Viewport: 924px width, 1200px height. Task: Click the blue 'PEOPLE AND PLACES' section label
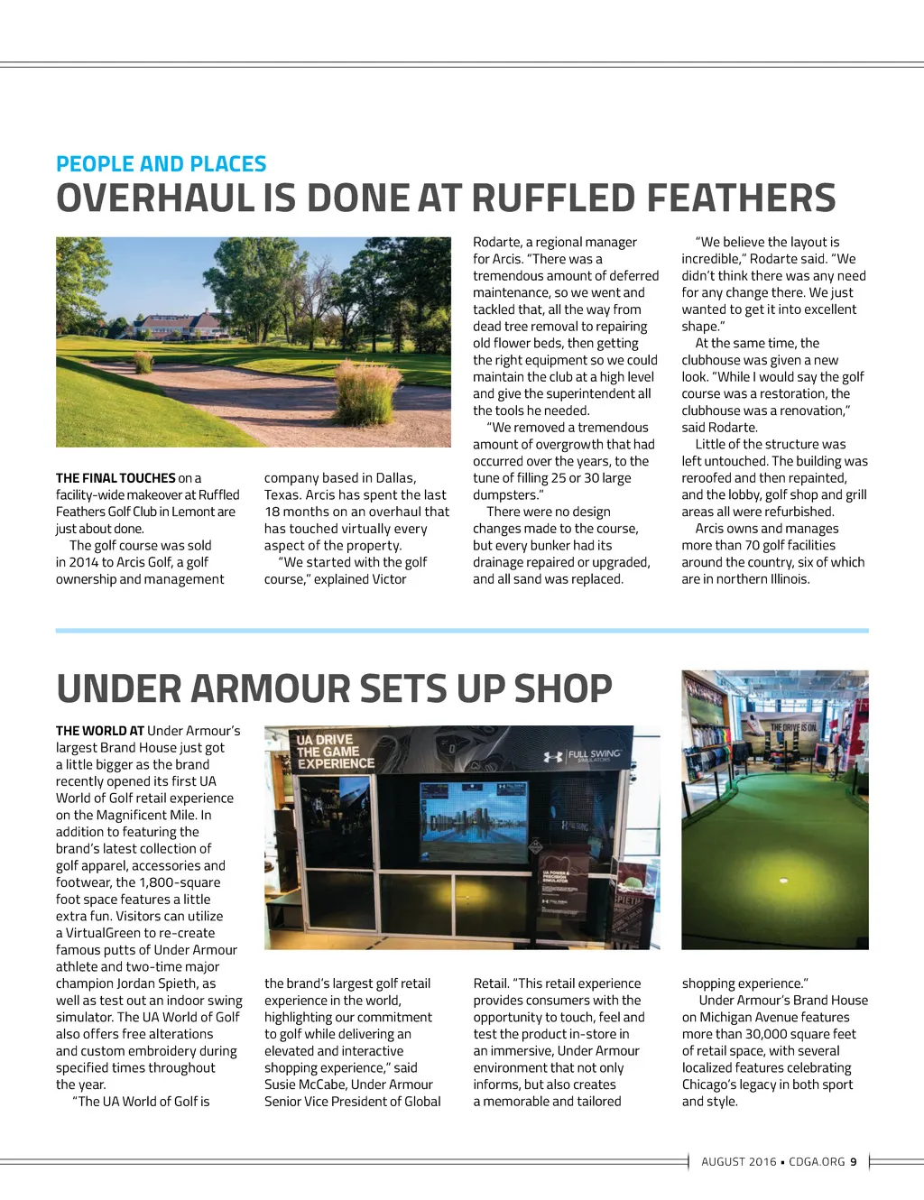click(x=161, y=164)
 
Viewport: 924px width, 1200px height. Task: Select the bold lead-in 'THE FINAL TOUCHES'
click(x=115, y=478)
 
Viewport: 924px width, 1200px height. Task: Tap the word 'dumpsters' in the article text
click(x=506, y=494)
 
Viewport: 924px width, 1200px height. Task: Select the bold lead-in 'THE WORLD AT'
click(x=99, y=731)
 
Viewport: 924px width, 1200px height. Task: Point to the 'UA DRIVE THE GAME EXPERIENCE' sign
click(x=335, y=752)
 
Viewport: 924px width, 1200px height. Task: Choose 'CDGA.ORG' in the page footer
click(x=817, y=1161)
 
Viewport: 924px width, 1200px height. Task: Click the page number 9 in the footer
click(x=854, y=1161)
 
